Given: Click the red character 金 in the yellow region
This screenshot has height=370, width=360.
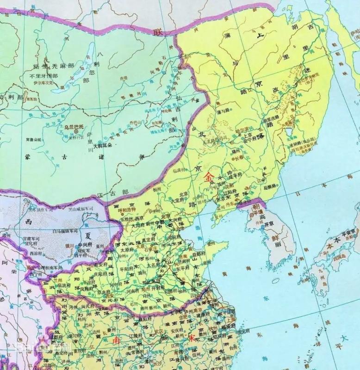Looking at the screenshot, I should [x=209, y=177].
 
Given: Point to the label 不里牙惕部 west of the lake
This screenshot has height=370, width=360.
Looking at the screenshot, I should [x=43, y=76].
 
